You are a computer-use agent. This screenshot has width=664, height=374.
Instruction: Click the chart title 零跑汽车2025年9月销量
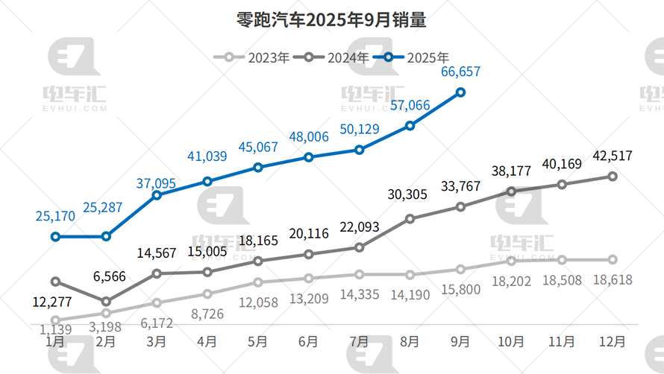(x=332, y=20)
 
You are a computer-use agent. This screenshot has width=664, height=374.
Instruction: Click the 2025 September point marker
(x=460, y=92)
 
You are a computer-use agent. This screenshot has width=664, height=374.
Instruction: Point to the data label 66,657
(x=460, y=72)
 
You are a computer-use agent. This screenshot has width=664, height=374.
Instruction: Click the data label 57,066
(x=410, y=105)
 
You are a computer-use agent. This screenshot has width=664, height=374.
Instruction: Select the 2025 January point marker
(x=55, y=237)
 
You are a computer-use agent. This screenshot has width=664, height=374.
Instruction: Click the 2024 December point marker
(x=613, y=177)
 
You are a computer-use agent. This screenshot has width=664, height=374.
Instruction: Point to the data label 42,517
(x=613, y=156)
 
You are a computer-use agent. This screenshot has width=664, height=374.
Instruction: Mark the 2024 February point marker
(x=106, y=302)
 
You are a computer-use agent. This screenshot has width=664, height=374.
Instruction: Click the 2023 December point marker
(x=613, y=260)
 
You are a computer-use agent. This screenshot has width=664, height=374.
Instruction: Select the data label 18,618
(x=613, y=280)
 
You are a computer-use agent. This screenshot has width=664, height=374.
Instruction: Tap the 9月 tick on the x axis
(x=460, y=342)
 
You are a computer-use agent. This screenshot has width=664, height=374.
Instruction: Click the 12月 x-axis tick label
(x=613, y=342)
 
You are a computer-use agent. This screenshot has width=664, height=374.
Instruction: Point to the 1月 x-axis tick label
(x=55, y=342)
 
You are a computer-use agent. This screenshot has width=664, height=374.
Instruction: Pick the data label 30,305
(x=410, y=195)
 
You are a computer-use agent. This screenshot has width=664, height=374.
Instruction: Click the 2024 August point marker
(x=410, y=218)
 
